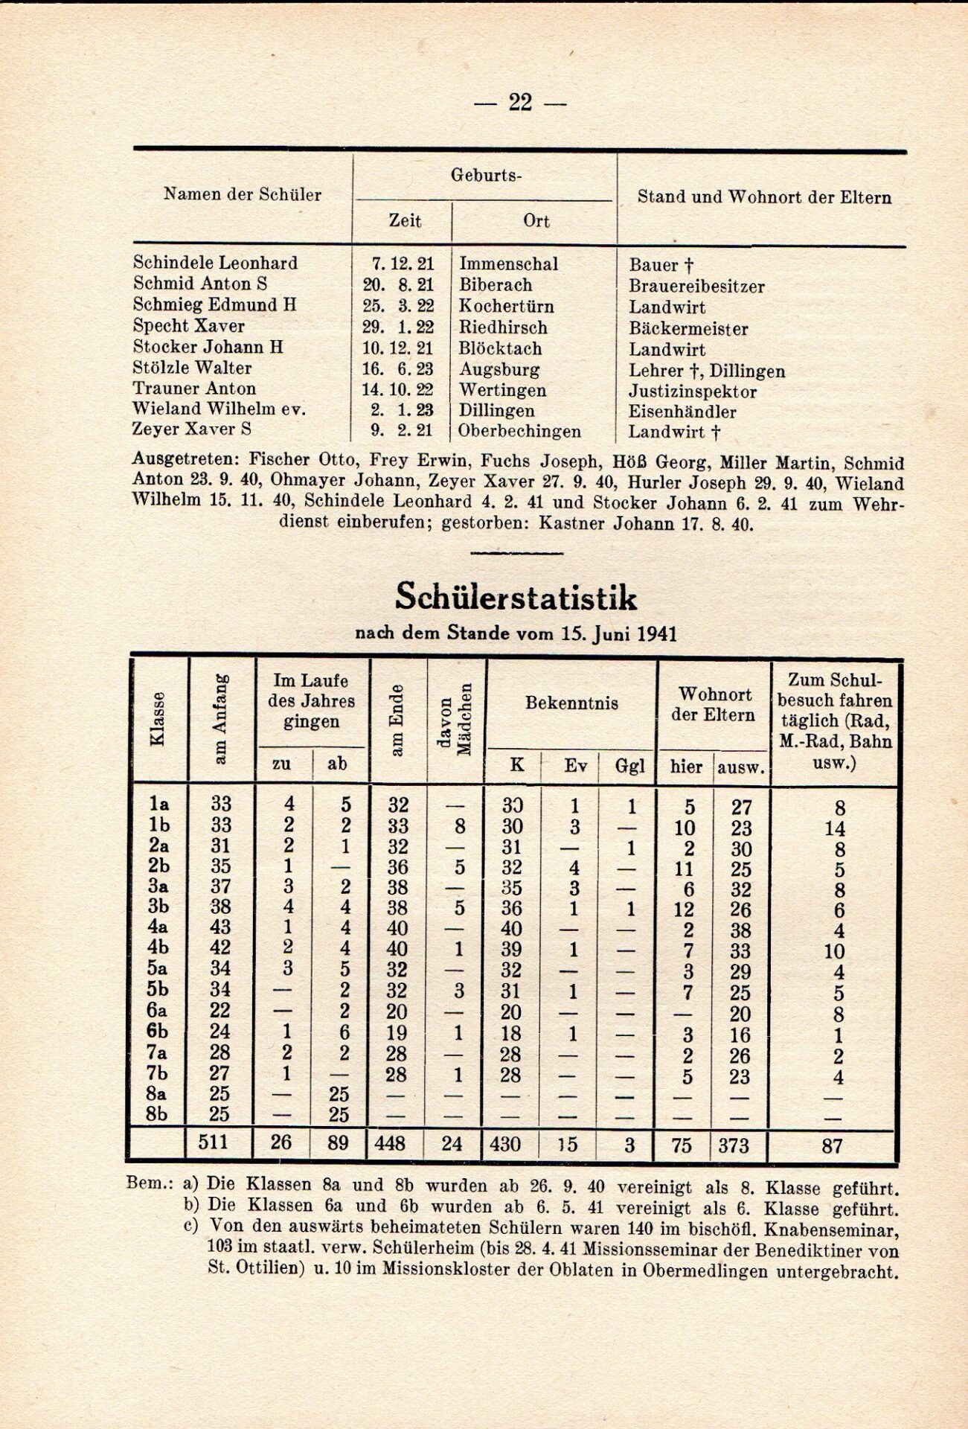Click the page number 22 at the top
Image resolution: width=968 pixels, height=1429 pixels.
tap(520, 102)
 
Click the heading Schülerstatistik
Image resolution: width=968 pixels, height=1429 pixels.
tap(516, 596)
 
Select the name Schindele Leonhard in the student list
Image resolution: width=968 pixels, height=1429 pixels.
tap(215, 263)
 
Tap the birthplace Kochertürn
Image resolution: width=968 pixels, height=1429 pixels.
tap(506, 306)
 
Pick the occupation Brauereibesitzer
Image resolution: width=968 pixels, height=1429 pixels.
tap(696, 287)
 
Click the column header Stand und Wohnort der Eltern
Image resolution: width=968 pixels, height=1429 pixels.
tap(764, 197)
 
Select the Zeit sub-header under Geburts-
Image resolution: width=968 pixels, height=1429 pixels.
tap(405, 221)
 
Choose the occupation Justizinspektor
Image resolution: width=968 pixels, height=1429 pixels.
tap(693, 391)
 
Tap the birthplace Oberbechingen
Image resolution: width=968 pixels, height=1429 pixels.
tap(519, 432)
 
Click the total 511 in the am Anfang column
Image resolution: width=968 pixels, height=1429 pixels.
tap(213, 1141)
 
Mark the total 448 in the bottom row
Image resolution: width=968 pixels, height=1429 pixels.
tap(389, 1142)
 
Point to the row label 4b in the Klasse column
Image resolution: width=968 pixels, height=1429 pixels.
tap(158, 947)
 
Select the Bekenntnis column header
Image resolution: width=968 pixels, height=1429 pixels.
tap(571, 703)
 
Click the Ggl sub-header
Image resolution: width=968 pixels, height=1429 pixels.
tap(629, 765)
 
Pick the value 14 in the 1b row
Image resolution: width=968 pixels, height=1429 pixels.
tap(835, 828)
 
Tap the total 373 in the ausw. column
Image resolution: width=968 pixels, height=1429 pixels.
tap(734, 1145)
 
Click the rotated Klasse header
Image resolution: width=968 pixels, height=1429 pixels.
tap(158, 718)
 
